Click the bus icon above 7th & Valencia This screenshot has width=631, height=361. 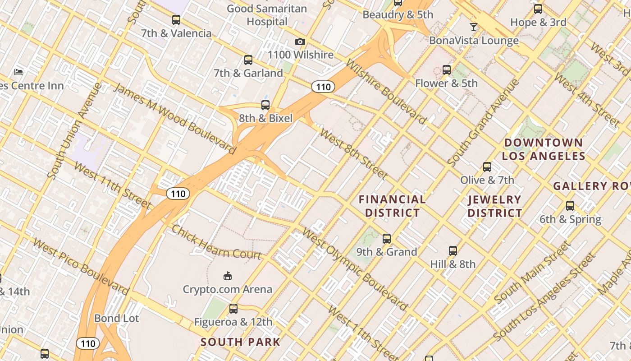176,20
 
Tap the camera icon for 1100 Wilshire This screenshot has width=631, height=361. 300,42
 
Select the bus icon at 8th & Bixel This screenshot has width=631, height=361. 265,105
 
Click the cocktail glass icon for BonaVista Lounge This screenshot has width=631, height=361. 473,27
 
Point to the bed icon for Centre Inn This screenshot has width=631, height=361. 18,72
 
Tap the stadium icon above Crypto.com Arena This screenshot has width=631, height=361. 228,276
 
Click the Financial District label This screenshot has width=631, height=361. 392,206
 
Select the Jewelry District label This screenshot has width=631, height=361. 494,206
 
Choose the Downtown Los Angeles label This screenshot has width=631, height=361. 543,149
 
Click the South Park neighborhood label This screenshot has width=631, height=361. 240,342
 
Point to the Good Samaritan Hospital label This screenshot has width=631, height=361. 267,15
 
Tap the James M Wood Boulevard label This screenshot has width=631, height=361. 174,118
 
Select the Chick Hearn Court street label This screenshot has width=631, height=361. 216,242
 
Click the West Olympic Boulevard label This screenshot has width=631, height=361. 354,269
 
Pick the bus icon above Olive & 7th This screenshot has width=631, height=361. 487,167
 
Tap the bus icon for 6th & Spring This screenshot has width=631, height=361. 570,206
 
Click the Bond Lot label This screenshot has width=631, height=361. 117,318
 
